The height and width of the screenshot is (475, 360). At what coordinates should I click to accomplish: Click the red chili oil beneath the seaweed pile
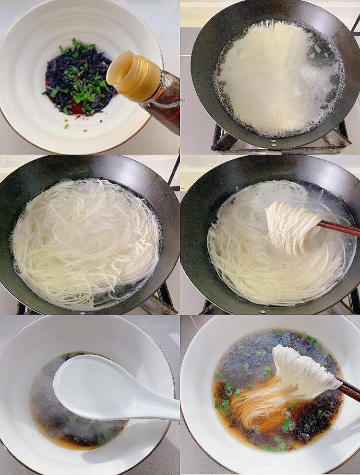point(77,109)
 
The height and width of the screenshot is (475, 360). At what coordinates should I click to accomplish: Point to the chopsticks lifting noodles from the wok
point(341,228)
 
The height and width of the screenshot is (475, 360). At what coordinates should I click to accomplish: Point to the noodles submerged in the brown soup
point(254,408)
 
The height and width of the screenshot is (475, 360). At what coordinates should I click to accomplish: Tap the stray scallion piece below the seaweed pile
point(66,126)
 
